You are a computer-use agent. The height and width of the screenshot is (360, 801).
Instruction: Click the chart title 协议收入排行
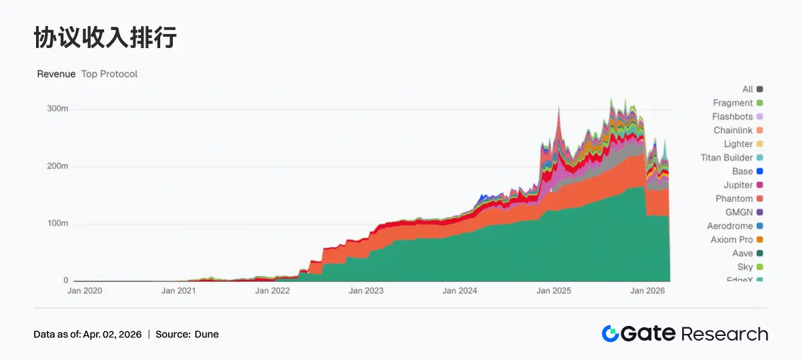[105, 38]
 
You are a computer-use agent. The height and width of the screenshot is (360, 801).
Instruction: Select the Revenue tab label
[56, 74]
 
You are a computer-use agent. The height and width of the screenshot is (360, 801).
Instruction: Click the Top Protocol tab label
[109, 74]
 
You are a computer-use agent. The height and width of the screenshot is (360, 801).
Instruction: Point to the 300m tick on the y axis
[57, 109]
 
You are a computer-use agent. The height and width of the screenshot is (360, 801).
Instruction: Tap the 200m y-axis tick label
[57, 166]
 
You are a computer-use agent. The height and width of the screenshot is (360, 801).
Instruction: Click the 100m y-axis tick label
[57, 223]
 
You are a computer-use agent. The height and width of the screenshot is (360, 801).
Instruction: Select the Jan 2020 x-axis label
[85, 291]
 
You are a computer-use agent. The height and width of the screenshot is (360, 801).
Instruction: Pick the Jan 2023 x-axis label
[366, 291]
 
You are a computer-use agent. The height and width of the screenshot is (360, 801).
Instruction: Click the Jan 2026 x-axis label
[647, 291]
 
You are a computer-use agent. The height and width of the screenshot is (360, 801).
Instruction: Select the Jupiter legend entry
[738, 185]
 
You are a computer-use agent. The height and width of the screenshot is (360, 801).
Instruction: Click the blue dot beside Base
[760, 172]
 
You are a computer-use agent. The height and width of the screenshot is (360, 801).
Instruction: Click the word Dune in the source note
[206, 335]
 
